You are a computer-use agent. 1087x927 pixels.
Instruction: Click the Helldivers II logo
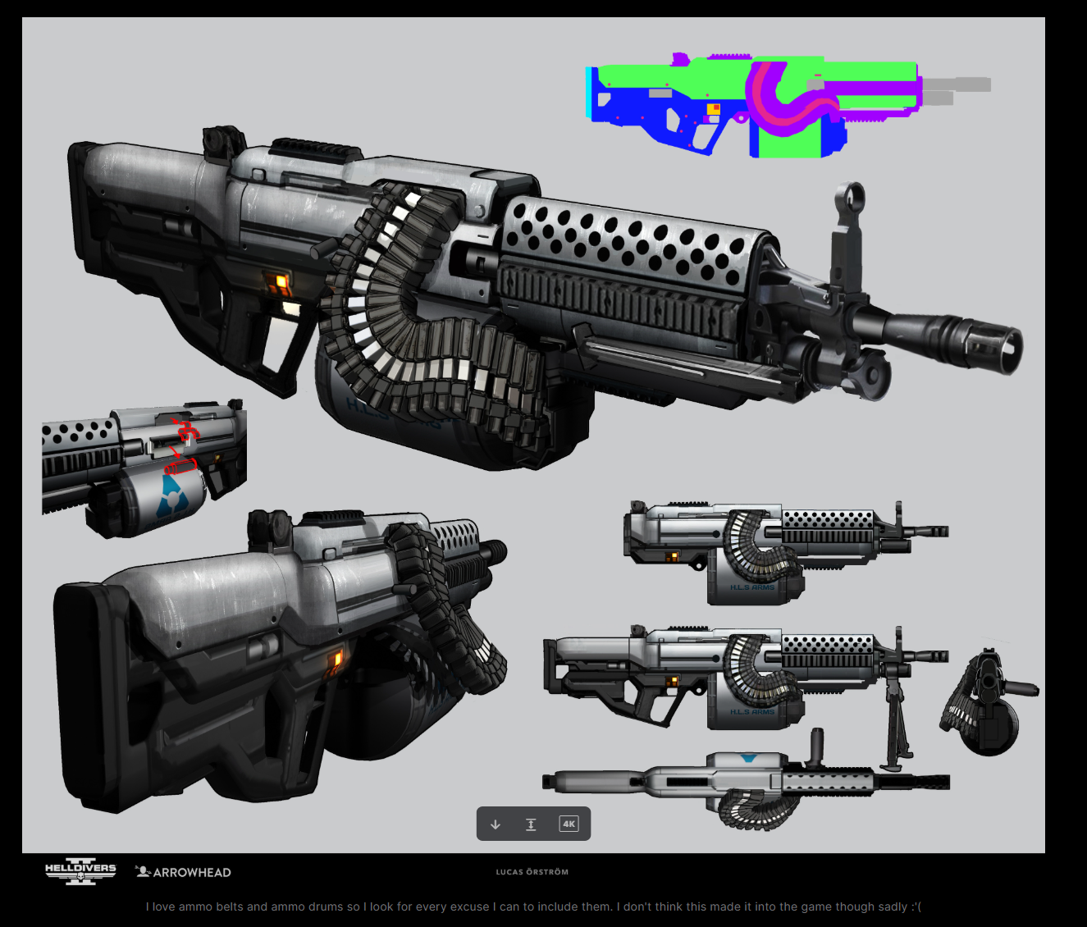point(80,871)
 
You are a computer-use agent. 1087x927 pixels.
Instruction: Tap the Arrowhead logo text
point(184,872)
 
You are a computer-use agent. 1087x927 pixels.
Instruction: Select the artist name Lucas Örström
point(532,872)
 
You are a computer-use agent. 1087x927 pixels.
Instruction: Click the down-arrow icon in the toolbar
point(496,824)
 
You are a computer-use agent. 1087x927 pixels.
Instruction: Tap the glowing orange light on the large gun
point(281,282)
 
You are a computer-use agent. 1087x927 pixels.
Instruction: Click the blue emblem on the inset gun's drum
point(171,491)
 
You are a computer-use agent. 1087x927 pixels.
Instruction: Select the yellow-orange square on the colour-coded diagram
point(713,109)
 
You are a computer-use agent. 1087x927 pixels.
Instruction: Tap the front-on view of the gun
point(989,701)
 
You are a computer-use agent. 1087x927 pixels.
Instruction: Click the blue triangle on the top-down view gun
point(747,758)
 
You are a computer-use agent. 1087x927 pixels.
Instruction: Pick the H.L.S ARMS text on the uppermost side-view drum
point(752,587)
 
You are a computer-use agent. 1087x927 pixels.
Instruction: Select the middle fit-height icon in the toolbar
point(531,824)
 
